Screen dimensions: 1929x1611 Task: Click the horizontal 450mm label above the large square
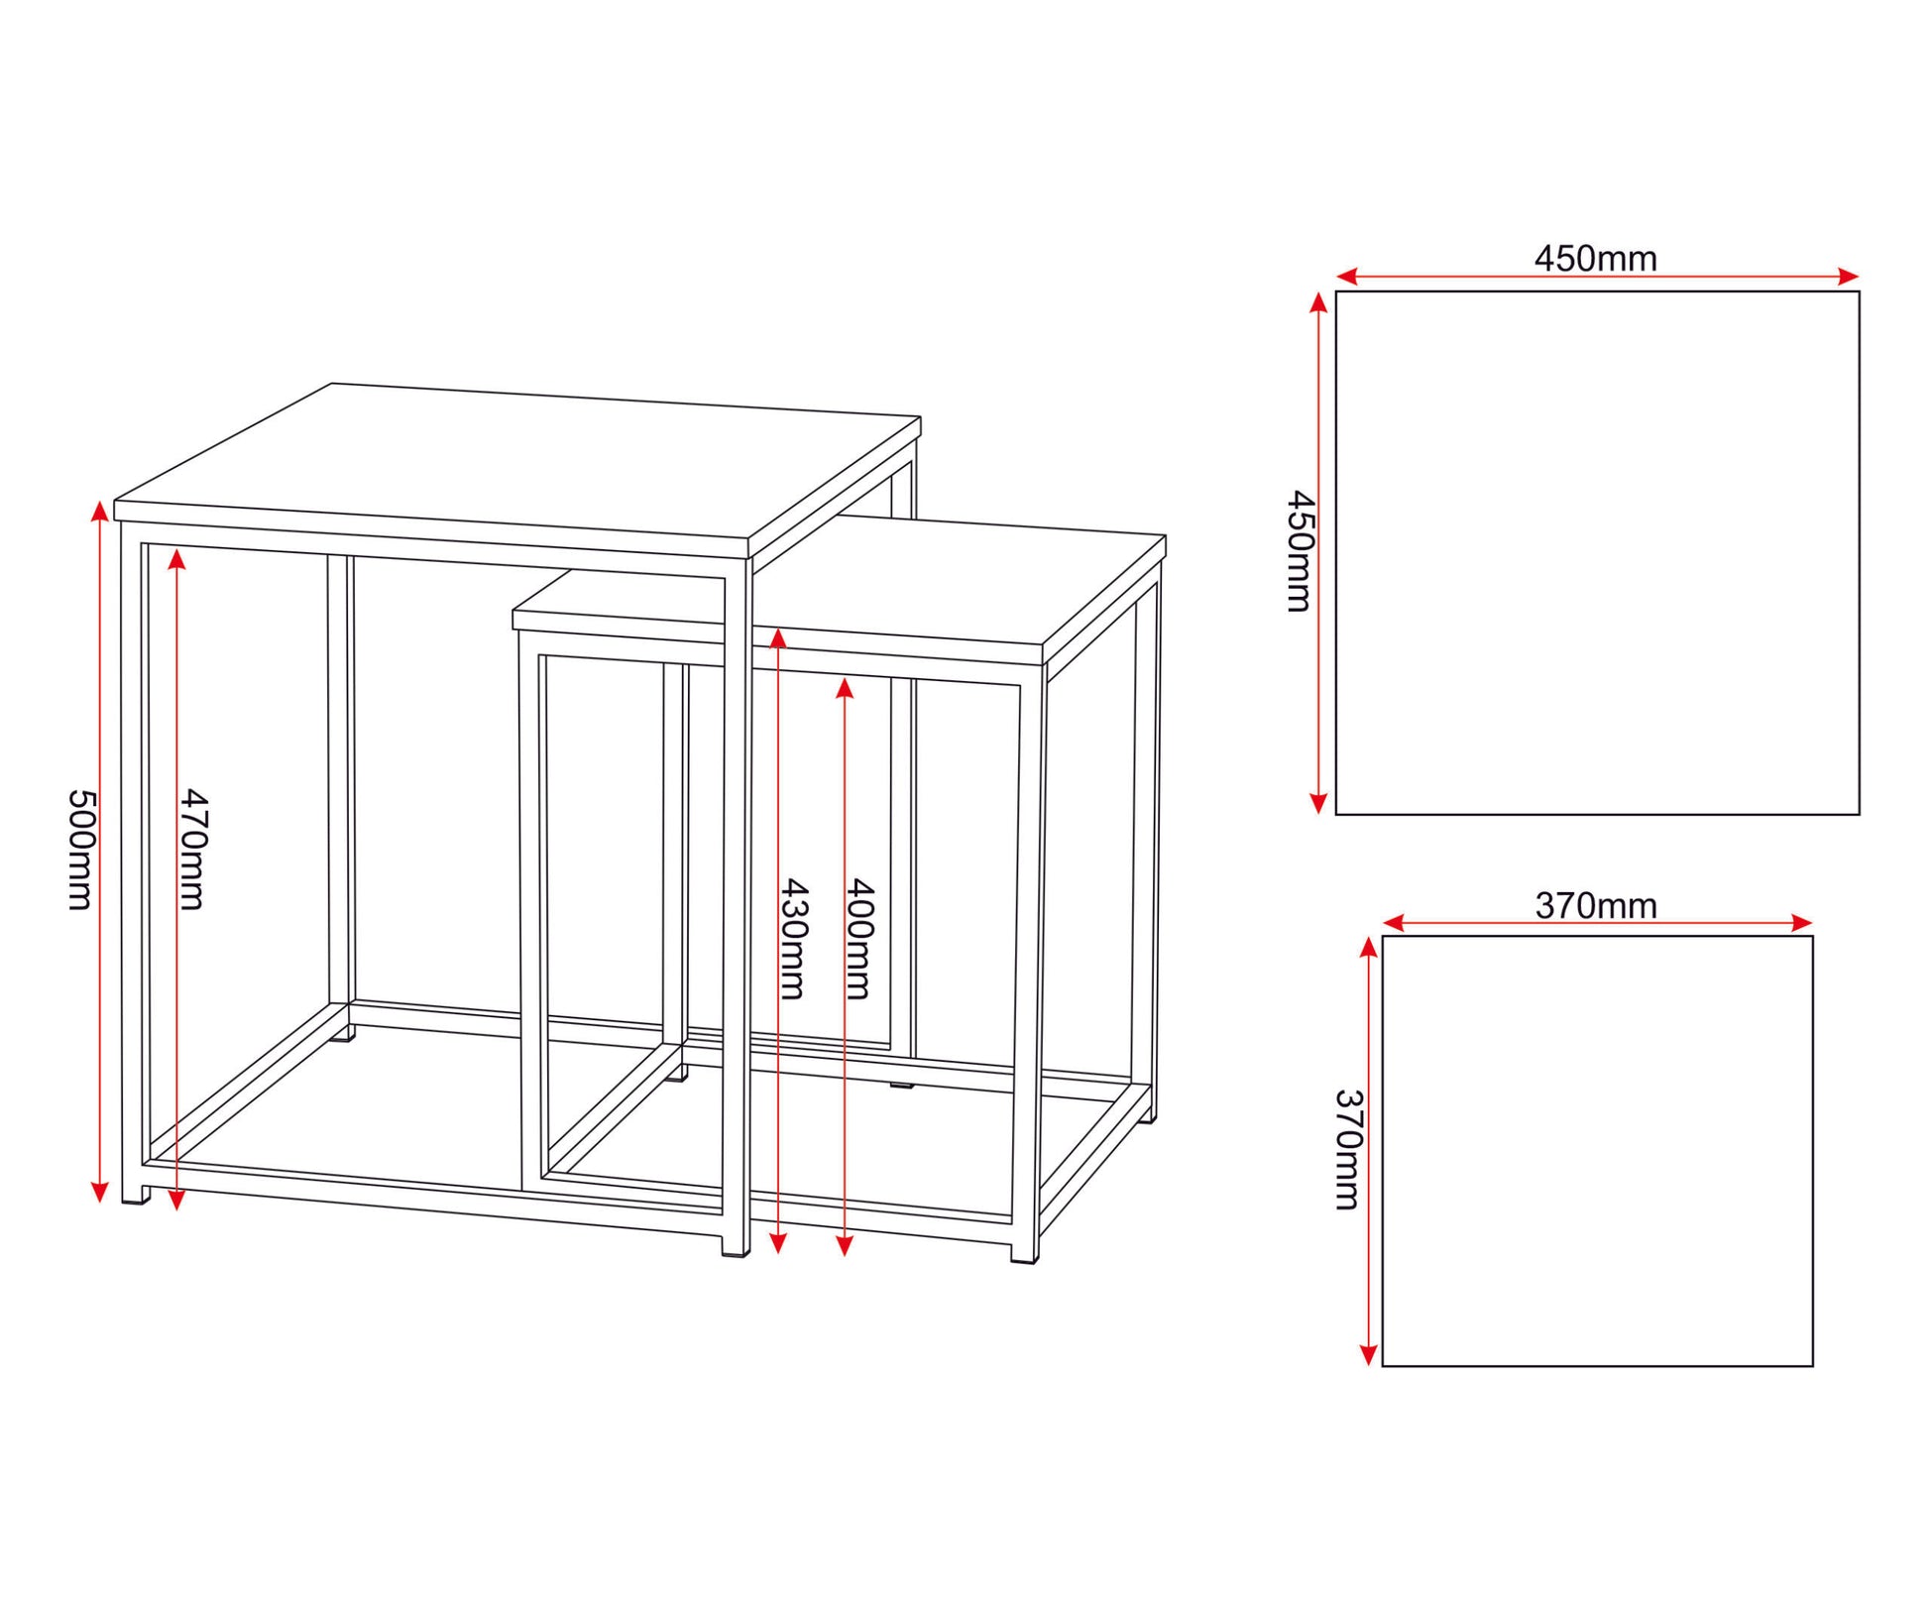click(x=1596, y=259)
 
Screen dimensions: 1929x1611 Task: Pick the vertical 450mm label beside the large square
click(x=1299, y=551)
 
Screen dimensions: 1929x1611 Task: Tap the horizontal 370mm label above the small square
click(x=1596, y=906)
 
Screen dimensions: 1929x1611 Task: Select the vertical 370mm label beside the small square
click(x=1348, y=1150)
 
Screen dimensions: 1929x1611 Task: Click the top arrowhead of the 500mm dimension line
click(x=99, y=511)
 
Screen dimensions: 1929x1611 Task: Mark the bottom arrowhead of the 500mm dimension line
click(x=99, y=1193)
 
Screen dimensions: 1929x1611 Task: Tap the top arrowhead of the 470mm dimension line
click(x=176, y=560)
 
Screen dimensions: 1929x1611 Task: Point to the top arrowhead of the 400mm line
click(x=845, y=688)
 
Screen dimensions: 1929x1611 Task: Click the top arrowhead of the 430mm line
click(x=778, y=637)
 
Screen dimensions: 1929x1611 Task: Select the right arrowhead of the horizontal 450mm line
click(x=1848, y=277)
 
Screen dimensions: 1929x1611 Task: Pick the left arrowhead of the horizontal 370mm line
click(x=1394, y=923)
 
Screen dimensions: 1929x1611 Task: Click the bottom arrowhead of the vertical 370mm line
click(x=1368, y=1355)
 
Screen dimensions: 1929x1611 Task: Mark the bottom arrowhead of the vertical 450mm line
click(x=1318, y=804)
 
